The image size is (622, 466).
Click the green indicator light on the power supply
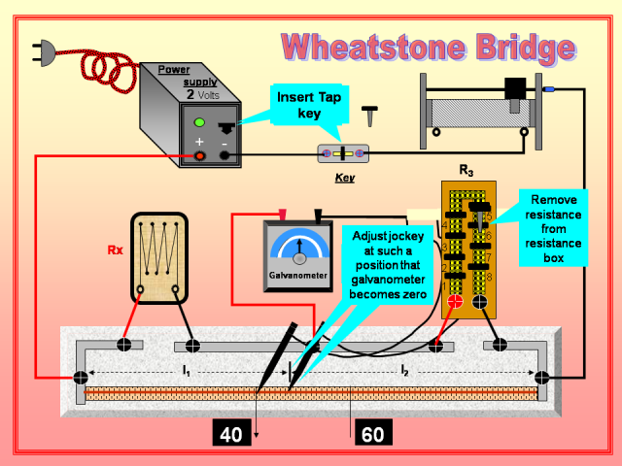[199, 122]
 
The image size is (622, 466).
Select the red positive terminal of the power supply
[199, 155]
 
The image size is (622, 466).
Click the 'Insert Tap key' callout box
[308, 106]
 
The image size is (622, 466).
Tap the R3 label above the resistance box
[466, 171]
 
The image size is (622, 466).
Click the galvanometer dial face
[299, 249]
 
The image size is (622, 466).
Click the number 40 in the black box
[231, 434]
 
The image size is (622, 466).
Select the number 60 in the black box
[372, 434]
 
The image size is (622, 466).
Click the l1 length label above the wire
[186, 370]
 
